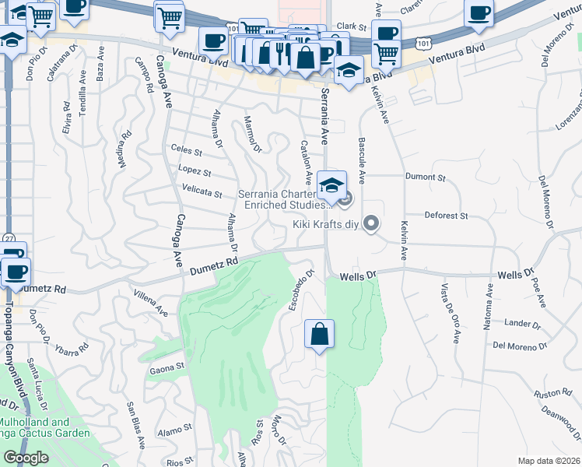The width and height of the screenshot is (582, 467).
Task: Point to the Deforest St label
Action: coord(445,215)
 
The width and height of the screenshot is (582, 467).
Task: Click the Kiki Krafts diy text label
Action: coord(327,224)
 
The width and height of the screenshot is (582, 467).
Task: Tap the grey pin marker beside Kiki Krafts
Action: coord(372,224)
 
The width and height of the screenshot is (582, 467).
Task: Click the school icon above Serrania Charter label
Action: coord(331,185)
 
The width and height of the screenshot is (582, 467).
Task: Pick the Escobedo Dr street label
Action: coord(300,290)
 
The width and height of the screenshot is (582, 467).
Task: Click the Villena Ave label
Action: coord(151,303)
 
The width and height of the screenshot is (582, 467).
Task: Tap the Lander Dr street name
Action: coord(522,324)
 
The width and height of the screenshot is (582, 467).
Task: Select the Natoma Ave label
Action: coord(489,306)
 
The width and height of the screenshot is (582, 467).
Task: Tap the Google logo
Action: coord(26,458)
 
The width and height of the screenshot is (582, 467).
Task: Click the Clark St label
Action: coord(352,26)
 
